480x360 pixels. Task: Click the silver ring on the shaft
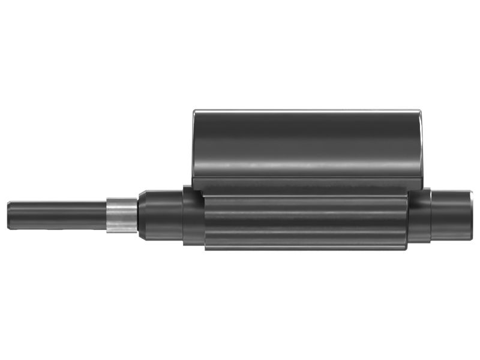click(122, 215)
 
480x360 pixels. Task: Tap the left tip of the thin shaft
click(9, 215)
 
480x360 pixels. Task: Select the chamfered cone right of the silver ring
click(142, 215)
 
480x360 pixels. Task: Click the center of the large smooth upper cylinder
click(306, 144)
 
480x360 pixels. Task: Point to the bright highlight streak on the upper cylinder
click(306, 163)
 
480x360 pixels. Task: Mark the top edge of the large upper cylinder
click(306, 110)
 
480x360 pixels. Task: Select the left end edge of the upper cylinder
click(193, 144)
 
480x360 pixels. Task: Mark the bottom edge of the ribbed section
click(306, 248)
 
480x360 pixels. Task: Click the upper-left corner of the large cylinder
click(194, 112)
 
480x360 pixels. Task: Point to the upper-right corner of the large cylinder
click(418, 112)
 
